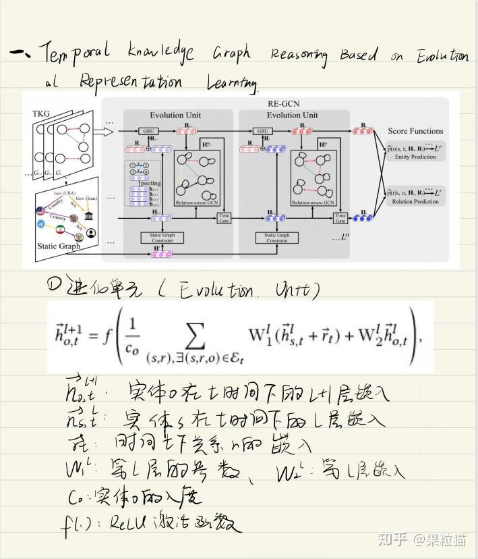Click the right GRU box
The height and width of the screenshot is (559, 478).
tap(264, 131)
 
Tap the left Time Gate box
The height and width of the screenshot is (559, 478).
tap(224, 218)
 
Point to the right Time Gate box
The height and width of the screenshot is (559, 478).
tap(340, 218)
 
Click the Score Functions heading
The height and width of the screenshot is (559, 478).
tap(415, 131)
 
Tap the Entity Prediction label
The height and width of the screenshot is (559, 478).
tap(415, 157)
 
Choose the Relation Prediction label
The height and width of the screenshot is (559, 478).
tap(415, 201)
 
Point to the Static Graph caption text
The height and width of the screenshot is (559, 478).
tap(58, 247)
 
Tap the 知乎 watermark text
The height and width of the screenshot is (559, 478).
tap(391, 539)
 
